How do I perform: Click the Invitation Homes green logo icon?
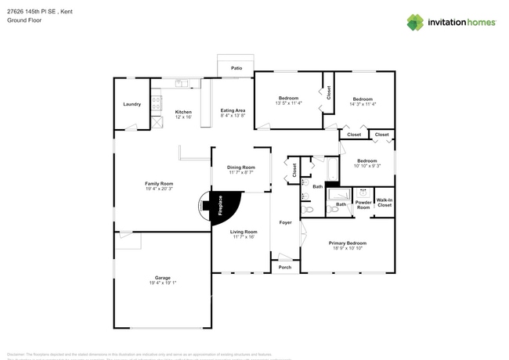(x=415, y=22)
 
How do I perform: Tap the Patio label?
(x=236, y=69)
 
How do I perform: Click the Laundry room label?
(x=132, y=104)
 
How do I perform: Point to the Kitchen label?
(x=183, y=111)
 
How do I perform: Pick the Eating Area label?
(x=233, y=111)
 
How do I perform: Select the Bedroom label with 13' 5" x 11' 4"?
(x=289, y=98)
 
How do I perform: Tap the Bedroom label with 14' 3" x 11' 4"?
(x=362, y=99)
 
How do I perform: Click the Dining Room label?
(x=240, y=167)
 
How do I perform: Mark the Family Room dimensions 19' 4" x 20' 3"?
(x=157, y=189)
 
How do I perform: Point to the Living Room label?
(x=244, y=232)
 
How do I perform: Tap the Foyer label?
(x=286, y=223)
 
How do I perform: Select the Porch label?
(x=285, y=268)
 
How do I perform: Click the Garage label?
(x=162, y=279)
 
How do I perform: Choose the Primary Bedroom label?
(x=346, y=243)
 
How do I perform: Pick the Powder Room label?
(x=363, y=204)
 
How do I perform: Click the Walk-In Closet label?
(x=384, y=203)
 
